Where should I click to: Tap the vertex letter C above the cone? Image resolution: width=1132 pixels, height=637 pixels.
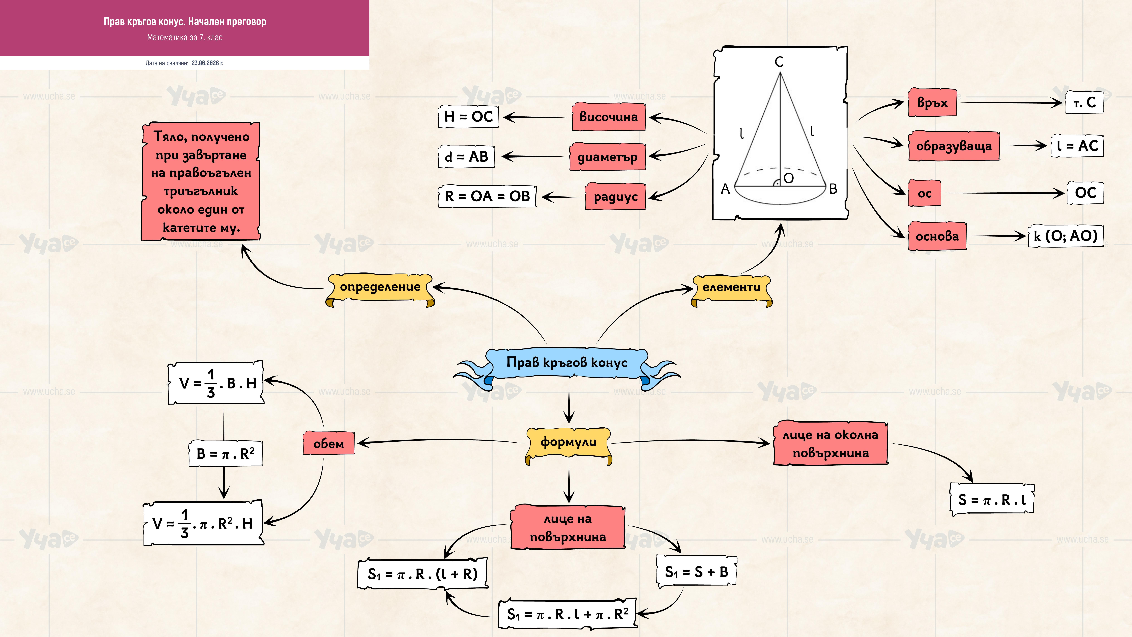coord(779,62)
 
